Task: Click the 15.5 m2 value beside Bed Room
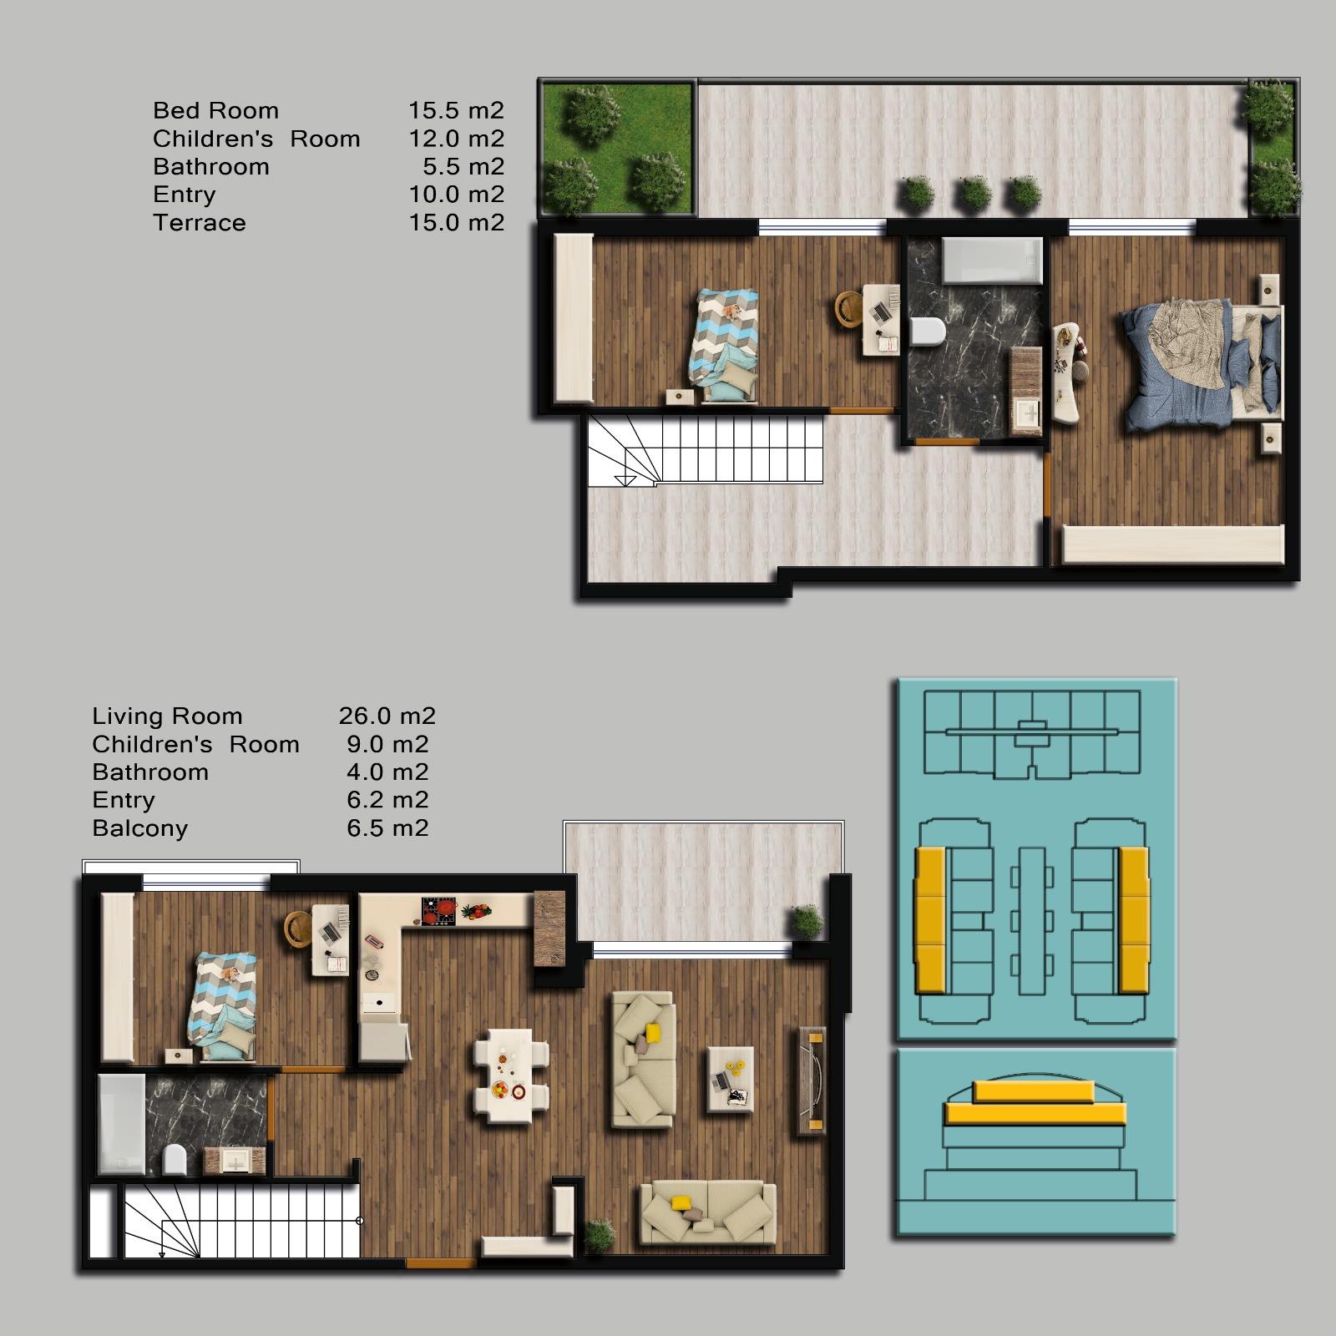(x=456, y=110)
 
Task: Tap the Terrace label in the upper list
(x=200, y=223)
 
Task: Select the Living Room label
(x=167, y=716)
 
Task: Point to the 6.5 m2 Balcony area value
(x=387, y=828)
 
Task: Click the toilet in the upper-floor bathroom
(x=927, y=332)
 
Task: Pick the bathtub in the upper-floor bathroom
(x=992, y=261)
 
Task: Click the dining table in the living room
(x=509, y=1074)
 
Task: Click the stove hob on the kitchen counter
(x=439, y=911)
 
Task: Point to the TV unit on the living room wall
(x=811, y=1079)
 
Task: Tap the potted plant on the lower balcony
(x=807, y=921)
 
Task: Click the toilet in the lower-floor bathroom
(x=175, y=1159)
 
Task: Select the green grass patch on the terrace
(x=617, y=147)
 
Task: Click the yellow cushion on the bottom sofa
(x=681, y=1203)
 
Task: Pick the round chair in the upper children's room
(x=850, y=309)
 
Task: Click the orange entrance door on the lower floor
(x=440, y=1263)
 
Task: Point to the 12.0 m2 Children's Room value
(x=456, y=139)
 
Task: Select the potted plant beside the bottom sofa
(x=599, y=1235)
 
